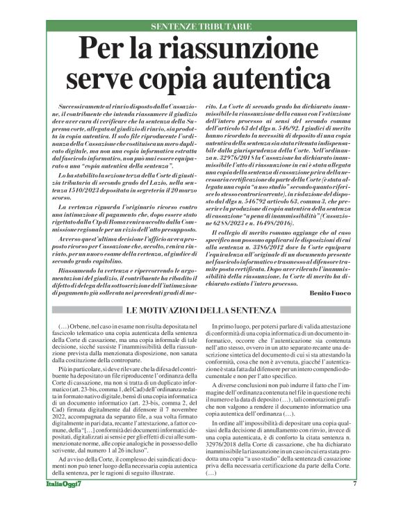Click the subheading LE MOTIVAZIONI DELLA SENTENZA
click(201, 309)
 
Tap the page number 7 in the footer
click(354, 504)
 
